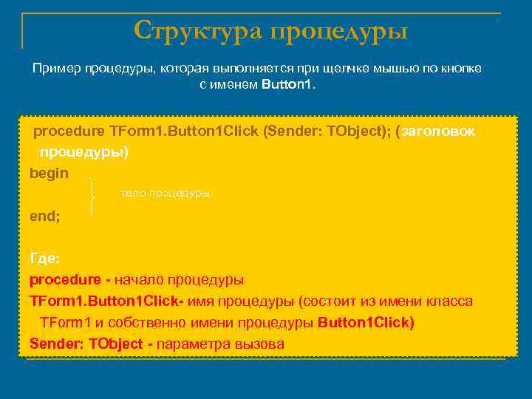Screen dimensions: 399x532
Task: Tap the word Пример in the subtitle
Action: (55, 68)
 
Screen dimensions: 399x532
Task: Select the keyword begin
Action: (49, 173)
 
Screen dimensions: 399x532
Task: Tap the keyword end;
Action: (45, 217)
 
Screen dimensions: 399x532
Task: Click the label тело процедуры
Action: (165, 193)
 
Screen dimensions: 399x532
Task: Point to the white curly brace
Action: (92, 196)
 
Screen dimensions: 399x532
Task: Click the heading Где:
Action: (44, 259)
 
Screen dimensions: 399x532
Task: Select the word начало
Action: (139, 280)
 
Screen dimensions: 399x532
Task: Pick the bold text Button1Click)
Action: (366, 323)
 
